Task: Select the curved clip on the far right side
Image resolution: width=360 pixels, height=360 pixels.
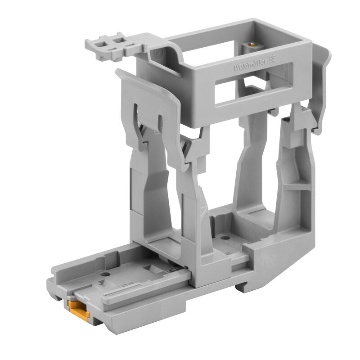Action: (x=322, y=90)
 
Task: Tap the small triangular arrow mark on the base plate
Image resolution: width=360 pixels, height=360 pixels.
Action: (x=102, y=283)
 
